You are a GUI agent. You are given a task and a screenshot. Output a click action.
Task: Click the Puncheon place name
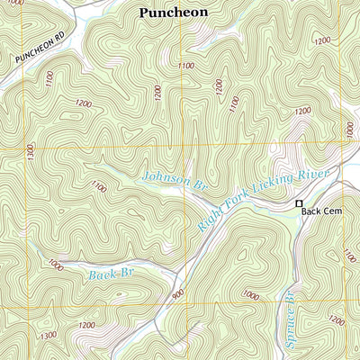[x=173, y=13]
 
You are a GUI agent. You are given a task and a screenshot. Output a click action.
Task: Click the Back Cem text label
[x=322, y=211]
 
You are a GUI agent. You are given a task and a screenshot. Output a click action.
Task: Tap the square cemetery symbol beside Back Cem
[x=300, y=204]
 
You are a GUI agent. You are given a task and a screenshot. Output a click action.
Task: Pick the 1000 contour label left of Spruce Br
[x=251, y=295]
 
